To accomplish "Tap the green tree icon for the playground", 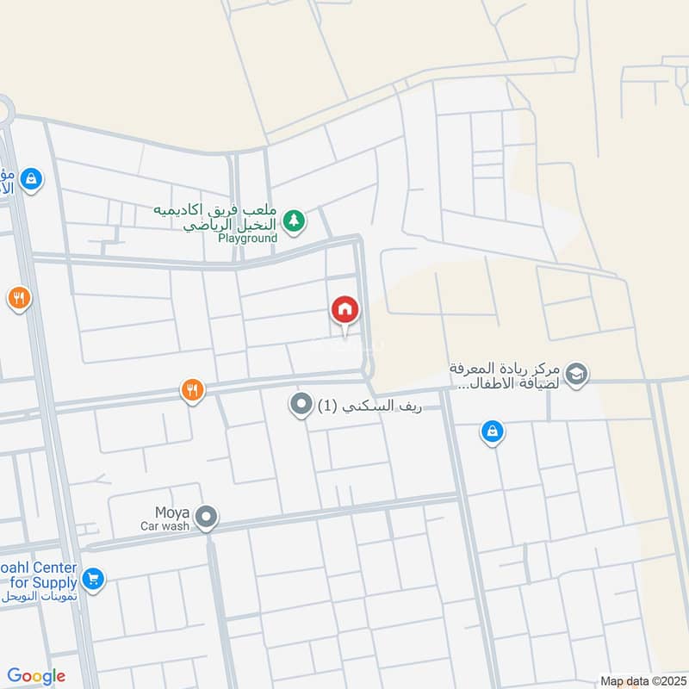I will [x=295, y=221].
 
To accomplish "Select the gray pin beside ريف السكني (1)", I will [x=301, y=404].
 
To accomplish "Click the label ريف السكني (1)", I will [x=370, y=405].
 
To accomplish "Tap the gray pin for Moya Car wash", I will [x=206, y=518].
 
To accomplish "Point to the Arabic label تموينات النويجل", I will [x=40, y=596].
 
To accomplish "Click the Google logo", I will [x=37, y=676].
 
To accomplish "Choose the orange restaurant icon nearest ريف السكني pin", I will [x=192, y=390].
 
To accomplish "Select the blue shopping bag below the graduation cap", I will [x=492, y=432].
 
